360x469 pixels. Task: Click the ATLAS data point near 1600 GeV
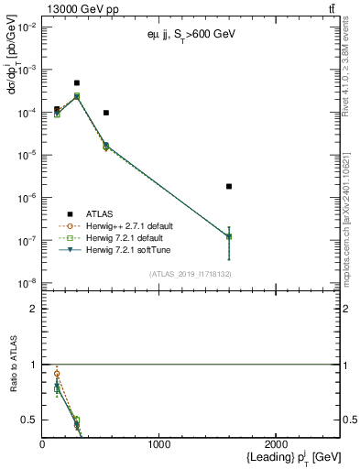click(x=229, y=186)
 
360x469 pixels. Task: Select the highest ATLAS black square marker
click(x=77, y=82)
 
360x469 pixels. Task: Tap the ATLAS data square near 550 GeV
click(x=106, y=113)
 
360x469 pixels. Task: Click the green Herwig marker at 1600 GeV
click(x=229, y=236)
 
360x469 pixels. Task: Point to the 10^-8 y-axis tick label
click(x=25, y=283)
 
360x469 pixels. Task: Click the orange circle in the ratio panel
click(x=57, y=374)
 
